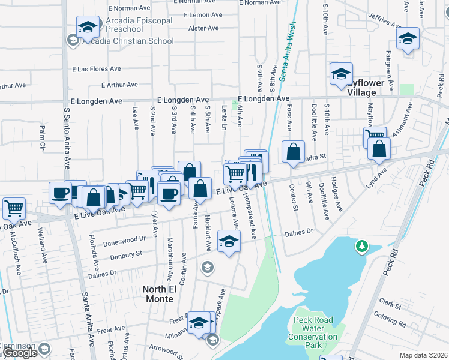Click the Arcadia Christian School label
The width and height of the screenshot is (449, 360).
[x=128, y=41]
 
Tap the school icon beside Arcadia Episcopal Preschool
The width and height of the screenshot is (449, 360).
[x=88, y=28]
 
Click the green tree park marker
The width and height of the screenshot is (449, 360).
[x=361, y=246]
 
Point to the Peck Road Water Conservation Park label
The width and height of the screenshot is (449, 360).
[x=316, y=332]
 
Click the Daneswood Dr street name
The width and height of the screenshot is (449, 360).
[x=125, y=238]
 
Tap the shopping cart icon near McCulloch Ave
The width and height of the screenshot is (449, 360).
[x=14, y=209]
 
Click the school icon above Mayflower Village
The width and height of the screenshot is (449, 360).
[x=341, y=74]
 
